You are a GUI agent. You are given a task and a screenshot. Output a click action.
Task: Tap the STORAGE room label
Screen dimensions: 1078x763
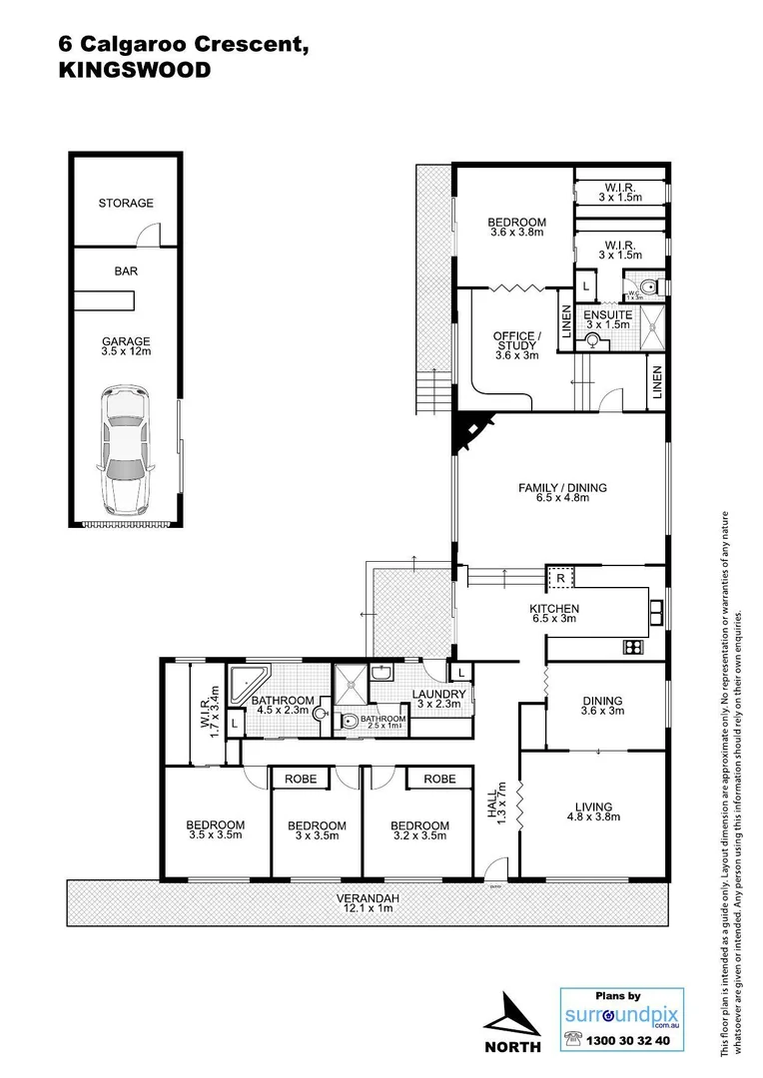126,204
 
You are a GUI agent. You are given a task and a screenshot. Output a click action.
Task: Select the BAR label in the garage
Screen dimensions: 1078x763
126,269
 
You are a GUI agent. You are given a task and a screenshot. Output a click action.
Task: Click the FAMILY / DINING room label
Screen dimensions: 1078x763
561,488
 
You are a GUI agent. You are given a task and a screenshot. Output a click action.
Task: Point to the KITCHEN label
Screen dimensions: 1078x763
554,609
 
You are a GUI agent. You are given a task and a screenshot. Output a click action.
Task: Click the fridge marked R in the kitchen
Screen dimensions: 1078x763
559,577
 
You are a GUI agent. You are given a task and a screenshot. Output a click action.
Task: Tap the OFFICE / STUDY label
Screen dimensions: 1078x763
516,340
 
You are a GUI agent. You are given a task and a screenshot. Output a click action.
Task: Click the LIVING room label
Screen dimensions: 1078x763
592,808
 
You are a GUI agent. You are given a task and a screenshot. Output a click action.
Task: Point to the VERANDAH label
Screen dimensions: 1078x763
369,898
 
